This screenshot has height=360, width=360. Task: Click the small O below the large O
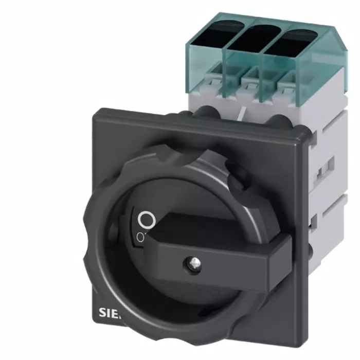point(140,236)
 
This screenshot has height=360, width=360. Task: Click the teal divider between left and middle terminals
point(226,57)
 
